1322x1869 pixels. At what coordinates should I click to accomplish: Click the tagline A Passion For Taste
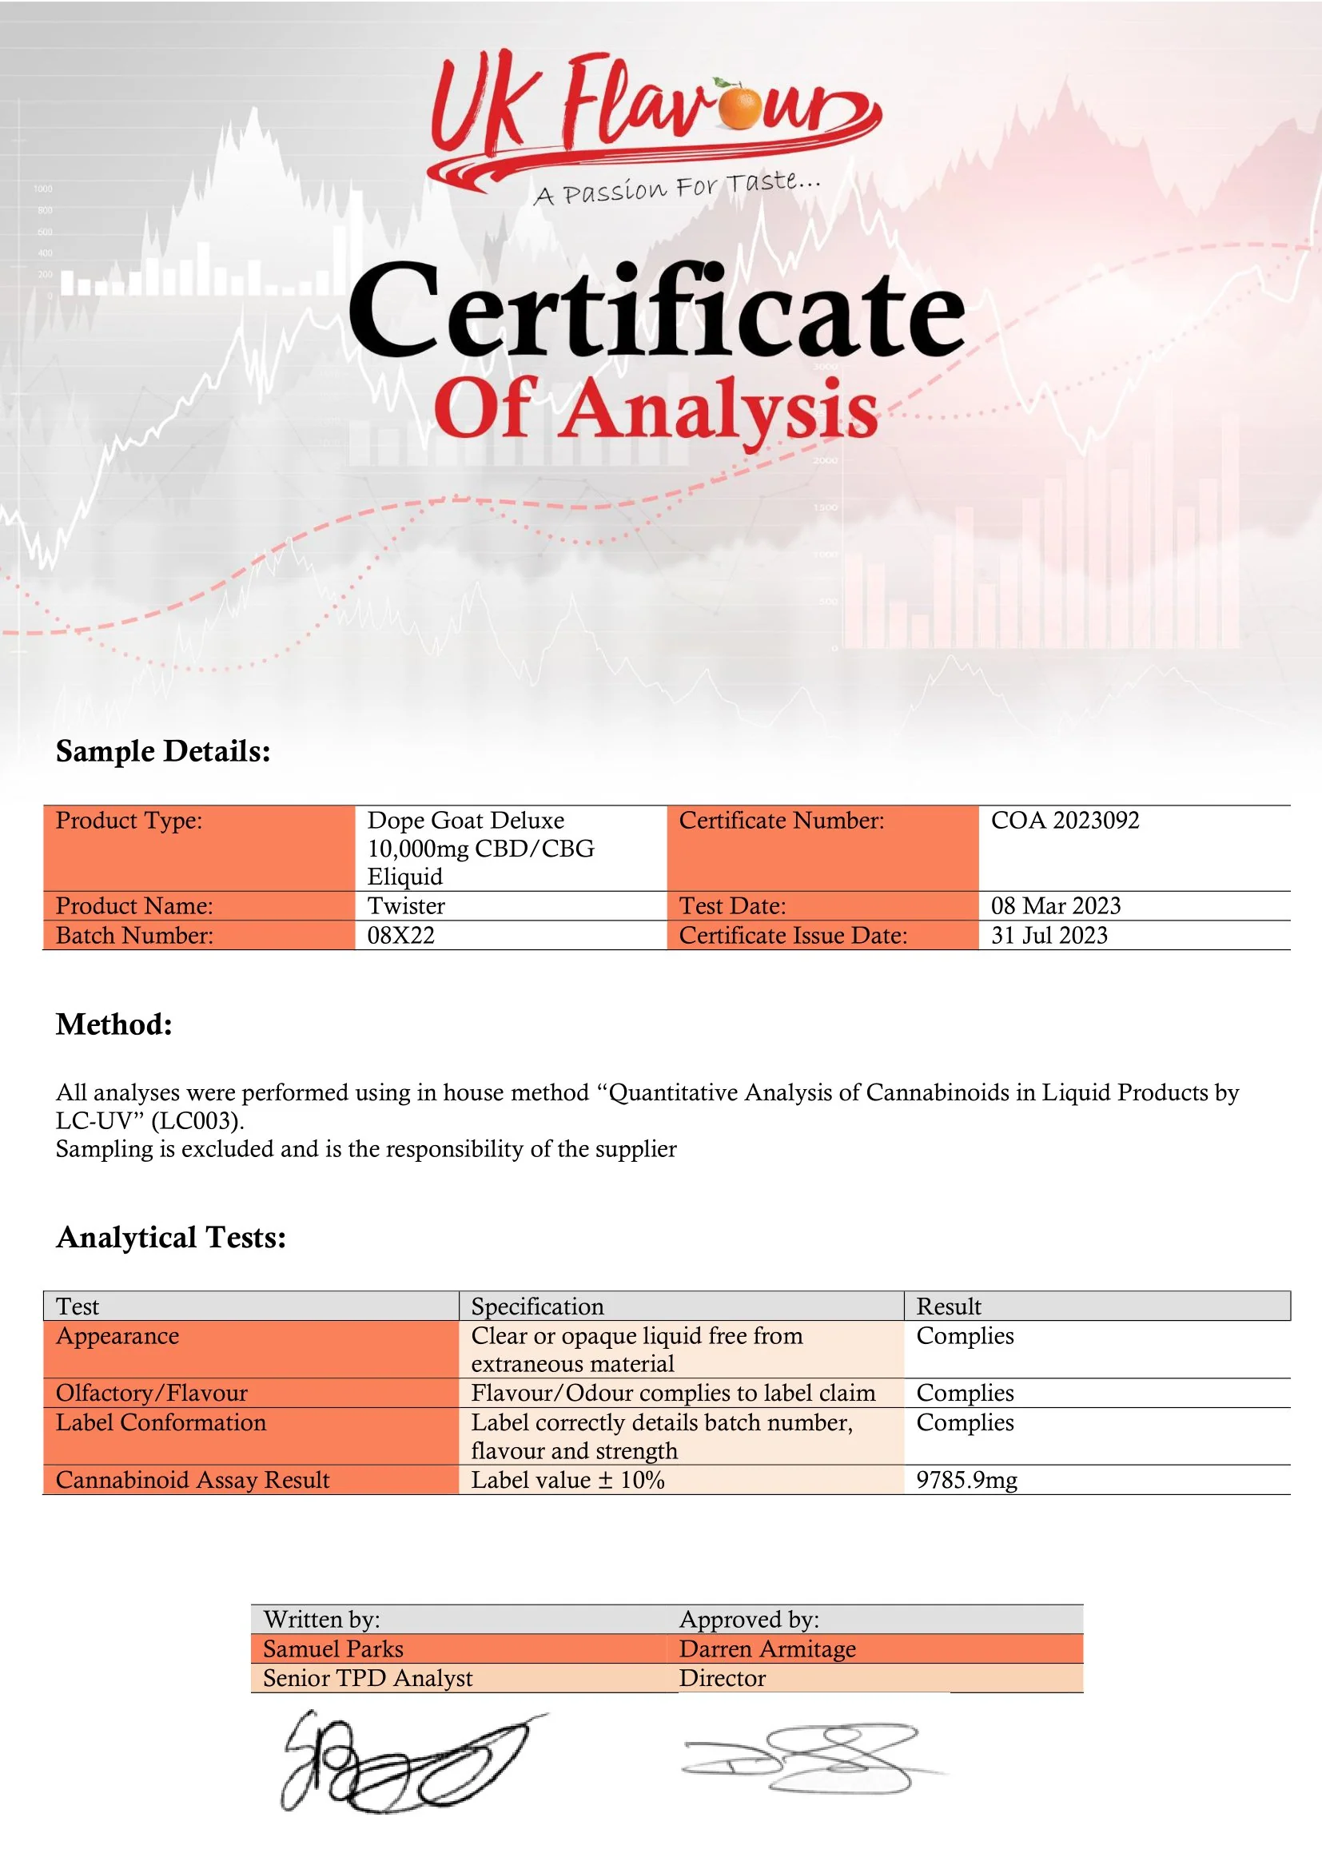[x=676, y=188]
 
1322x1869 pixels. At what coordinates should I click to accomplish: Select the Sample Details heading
[x=163, y=750]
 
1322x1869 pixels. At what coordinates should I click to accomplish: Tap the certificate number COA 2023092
[x=1065, y=820]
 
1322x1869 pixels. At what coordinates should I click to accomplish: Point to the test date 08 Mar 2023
[x=1055, y=905]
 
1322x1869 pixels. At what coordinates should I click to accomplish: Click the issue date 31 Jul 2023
[x=1049, y=935]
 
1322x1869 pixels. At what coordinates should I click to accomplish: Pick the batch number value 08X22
[x=400, y=935]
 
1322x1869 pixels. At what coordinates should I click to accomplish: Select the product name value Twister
[x=405, y=905]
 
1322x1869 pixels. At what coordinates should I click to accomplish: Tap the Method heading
[x=114, y=1024]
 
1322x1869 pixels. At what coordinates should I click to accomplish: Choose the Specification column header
[x=537, y=1306]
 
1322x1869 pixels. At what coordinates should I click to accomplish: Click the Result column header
[x=949, y=1306]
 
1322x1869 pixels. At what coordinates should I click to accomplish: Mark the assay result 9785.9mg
[x=966, y=1479]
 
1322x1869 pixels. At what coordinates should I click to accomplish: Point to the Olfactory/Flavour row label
[x=151, y=1393]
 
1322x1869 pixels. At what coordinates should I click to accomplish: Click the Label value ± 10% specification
[x=567, y=1479]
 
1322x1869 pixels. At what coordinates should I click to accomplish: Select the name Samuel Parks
[x=333, y=1648]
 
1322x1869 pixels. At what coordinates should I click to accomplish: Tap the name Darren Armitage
[x=767, y=1648]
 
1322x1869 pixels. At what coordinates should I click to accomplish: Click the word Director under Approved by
[x=722, y=1678]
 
